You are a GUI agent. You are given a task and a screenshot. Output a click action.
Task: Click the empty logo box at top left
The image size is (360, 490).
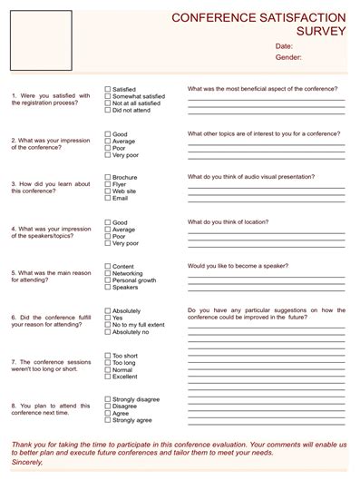click(x=40, y=40)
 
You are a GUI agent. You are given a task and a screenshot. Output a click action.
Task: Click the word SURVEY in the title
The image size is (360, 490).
click(x=321, y=30)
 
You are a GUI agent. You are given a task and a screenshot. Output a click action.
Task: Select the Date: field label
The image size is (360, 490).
click(x=284, y=45)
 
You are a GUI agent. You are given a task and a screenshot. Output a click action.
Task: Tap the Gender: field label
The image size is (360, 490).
click(x=287, y=57)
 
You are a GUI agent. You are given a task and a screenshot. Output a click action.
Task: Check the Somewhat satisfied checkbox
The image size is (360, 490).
click(x=108, y=96)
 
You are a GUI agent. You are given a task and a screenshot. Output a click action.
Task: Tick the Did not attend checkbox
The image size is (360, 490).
click(x=108, y=111)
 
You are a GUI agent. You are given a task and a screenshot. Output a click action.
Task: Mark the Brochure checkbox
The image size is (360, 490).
click(x=108, y=177)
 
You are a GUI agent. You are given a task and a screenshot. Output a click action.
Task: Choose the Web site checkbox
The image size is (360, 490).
click(x=108, y=191)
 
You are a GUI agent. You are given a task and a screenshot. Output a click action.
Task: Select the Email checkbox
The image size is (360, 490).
click(x=108, y=198)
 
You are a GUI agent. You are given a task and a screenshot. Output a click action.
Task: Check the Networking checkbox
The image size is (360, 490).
click(x=108, y=273)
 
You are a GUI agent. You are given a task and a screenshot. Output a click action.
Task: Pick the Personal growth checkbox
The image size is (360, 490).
click(x=108, y=280)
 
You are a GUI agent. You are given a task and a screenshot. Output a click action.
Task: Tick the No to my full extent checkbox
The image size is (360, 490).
click(x=108, y=325)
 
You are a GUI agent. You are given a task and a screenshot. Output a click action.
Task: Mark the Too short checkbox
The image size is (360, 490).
click(x=108, y=356)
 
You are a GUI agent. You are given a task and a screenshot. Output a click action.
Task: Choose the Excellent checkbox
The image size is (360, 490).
click(x=108, y=377)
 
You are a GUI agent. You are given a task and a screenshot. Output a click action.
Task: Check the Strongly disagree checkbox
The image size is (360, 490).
click(x=108, y=399)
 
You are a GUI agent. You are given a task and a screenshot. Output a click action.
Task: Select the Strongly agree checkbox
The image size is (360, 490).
click(x=108, y=420)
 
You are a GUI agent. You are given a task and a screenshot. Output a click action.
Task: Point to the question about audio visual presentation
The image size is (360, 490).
click(x=249, y=177)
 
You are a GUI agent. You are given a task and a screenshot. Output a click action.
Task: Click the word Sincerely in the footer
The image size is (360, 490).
click(x=27, y=462)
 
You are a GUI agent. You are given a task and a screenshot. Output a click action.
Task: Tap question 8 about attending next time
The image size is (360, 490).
click(x=51, y=409)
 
